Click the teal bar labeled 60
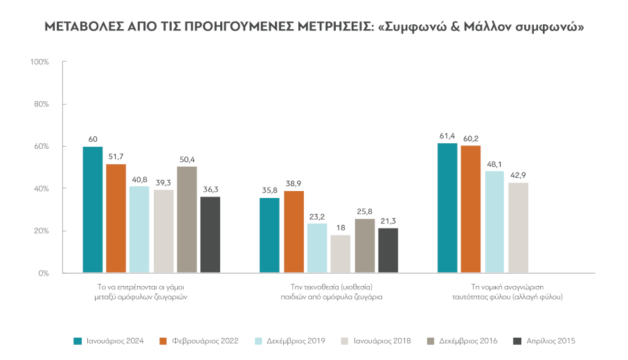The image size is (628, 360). tap(93, 210)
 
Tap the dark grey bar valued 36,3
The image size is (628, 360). tap(210, 235)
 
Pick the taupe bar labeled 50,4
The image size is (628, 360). tap(186, 219)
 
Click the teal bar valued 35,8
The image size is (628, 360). tap(270, 235)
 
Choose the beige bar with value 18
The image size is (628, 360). tap(341, 254)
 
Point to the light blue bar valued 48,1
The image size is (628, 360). tap(494, 222)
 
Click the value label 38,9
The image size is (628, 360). tap(294, 183)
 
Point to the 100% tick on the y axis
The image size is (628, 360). tap(39, 62)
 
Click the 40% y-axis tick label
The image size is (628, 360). tap(41, 189)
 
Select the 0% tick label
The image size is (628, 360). tap(43, 273)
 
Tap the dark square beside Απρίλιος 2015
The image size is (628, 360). tap(516, 341)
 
